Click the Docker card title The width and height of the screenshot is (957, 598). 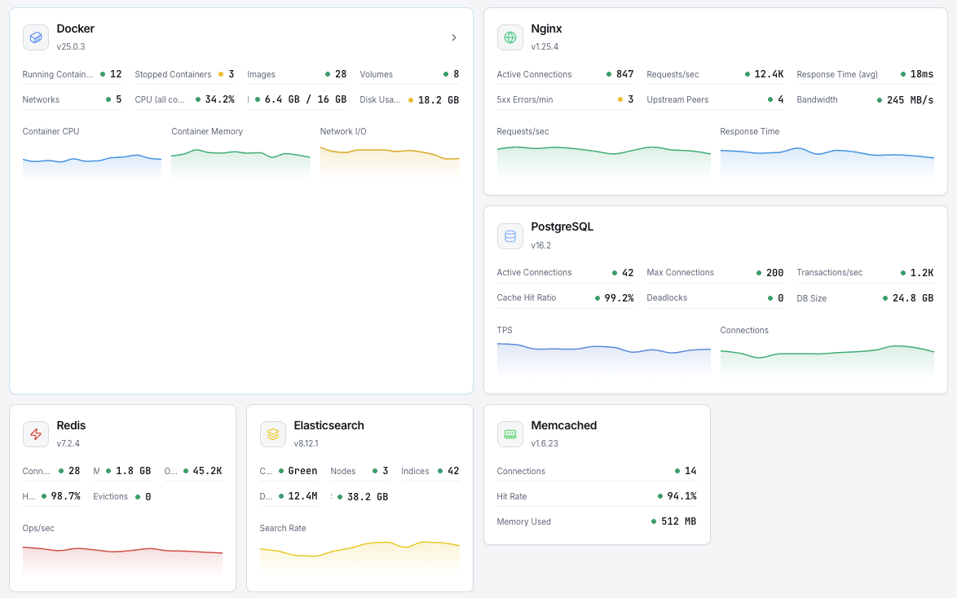(75, 29)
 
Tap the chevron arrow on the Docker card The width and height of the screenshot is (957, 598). (454, 37)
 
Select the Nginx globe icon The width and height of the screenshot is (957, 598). (510, 37)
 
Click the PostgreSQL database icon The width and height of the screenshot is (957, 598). (510, 236)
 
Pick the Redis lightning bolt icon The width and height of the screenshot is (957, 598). (36, 434)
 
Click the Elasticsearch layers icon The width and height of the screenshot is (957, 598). (273, 434)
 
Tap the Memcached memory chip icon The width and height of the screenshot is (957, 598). (510, 434)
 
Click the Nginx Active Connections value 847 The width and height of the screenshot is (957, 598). (624, 74)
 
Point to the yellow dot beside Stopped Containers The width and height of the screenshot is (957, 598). (220, 74)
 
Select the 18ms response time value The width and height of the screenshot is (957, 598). (921, 74)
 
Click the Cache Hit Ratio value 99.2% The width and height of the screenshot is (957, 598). (619, 298)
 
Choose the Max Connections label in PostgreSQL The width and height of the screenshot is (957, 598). (680, 273)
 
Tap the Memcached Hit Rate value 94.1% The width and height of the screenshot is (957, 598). (681, 496)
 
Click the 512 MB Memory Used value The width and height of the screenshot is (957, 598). (678, 521)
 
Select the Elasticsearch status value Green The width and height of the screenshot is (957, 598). (302, 471)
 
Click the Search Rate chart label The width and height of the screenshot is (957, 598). (283, 528)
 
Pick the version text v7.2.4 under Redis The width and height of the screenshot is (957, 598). (68, 443)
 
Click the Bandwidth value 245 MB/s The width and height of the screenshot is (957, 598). (910, 99)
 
